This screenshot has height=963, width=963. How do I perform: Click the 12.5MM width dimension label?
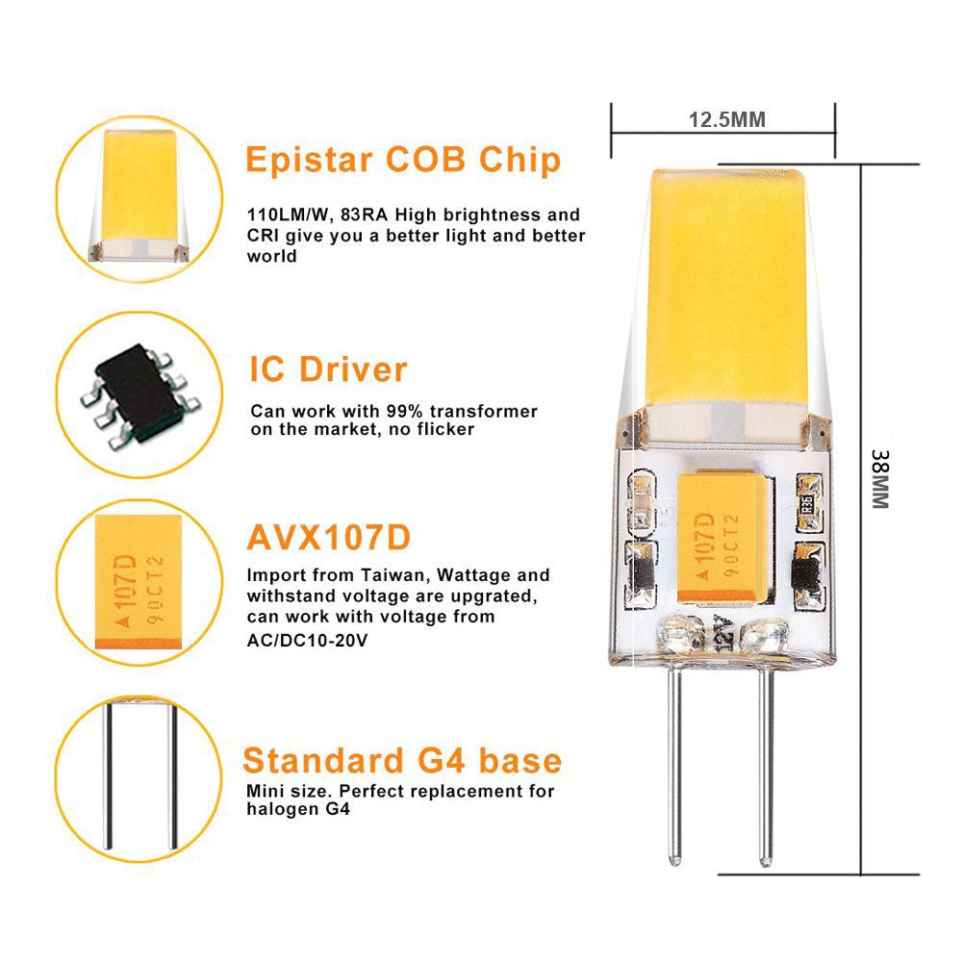pos(727,119)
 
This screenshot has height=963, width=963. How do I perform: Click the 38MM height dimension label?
pos(880,479)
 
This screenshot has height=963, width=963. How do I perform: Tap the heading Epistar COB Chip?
pos(403,161)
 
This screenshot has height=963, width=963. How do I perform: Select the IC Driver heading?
pos(328,369)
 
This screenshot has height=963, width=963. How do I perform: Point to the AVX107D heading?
pos(329,538)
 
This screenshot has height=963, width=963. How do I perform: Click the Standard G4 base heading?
pos(402,760)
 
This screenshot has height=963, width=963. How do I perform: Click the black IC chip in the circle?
pos(140,394)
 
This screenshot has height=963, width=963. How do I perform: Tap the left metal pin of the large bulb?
pos(674,765)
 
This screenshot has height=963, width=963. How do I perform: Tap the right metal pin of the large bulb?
pos(765,766)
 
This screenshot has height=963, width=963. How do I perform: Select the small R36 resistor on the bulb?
pos(808,503)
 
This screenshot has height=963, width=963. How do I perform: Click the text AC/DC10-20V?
pos(307,641)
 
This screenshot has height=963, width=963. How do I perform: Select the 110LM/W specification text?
pos(291,215)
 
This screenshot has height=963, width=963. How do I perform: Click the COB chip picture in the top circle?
pos(139,196)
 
